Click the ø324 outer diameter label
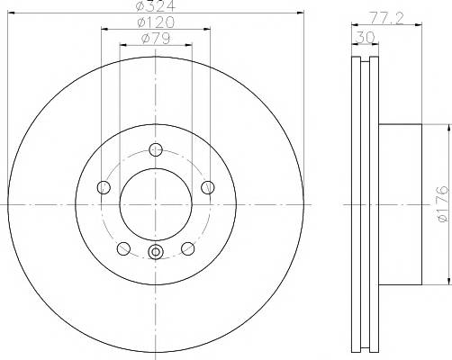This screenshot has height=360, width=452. tap(155, 6)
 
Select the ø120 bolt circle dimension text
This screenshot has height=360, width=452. tap(156, 22)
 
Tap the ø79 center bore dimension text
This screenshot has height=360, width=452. tap(156, 38)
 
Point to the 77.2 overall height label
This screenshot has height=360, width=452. tap(386, 18)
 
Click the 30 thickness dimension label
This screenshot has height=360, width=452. tap(365, 38)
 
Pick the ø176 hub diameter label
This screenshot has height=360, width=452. tap(443, 204)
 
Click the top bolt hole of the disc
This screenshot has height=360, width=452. tap(156, 149)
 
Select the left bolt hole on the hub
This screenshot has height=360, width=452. tap(104, 187)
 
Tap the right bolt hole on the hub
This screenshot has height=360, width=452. tap(208, 187)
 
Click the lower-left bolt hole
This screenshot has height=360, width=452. tap(123, 248)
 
